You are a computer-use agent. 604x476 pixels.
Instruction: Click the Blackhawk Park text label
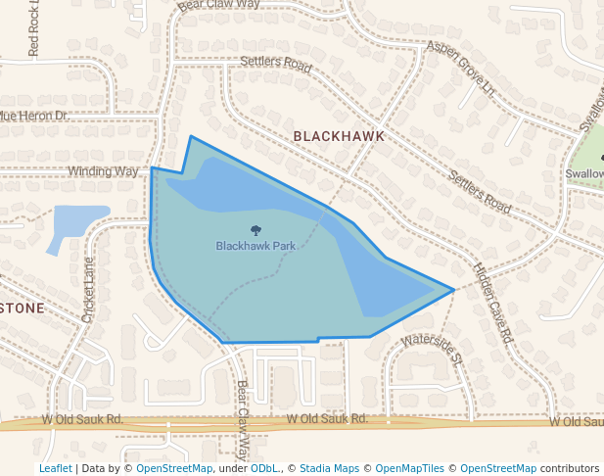click(x=256, y=246)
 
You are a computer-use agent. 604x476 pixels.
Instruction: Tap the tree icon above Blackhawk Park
click(x=256, y=231)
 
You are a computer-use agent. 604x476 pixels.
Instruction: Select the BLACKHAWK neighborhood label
click(x=338, y=136)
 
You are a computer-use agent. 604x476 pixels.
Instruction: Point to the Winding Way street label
click(x=103, y=171)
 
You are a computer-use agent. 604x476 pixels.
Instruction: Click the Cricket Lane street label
click(x=89, y=290)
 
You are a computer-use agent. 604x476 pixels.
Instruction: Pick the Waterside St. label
click(x=430, y=350)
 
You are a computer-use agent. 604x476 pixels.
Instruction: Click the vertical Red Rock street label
click(x=36, y=29)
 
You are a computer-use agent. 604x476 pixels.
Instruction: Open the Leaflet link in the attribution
click(x=55, y=468)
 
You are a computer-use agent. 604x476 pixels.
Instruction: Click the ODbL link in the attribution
click(x=264, y=468)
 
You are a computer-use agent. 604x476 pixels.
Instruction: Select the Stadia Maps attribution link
click(x=329, y=468)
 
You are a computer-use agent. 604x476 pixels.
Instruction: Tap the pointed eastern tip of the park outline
click(x=453, y=290)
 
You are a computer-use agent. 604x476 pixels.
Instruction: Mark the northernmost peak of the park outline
click(x=191, y=137)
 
